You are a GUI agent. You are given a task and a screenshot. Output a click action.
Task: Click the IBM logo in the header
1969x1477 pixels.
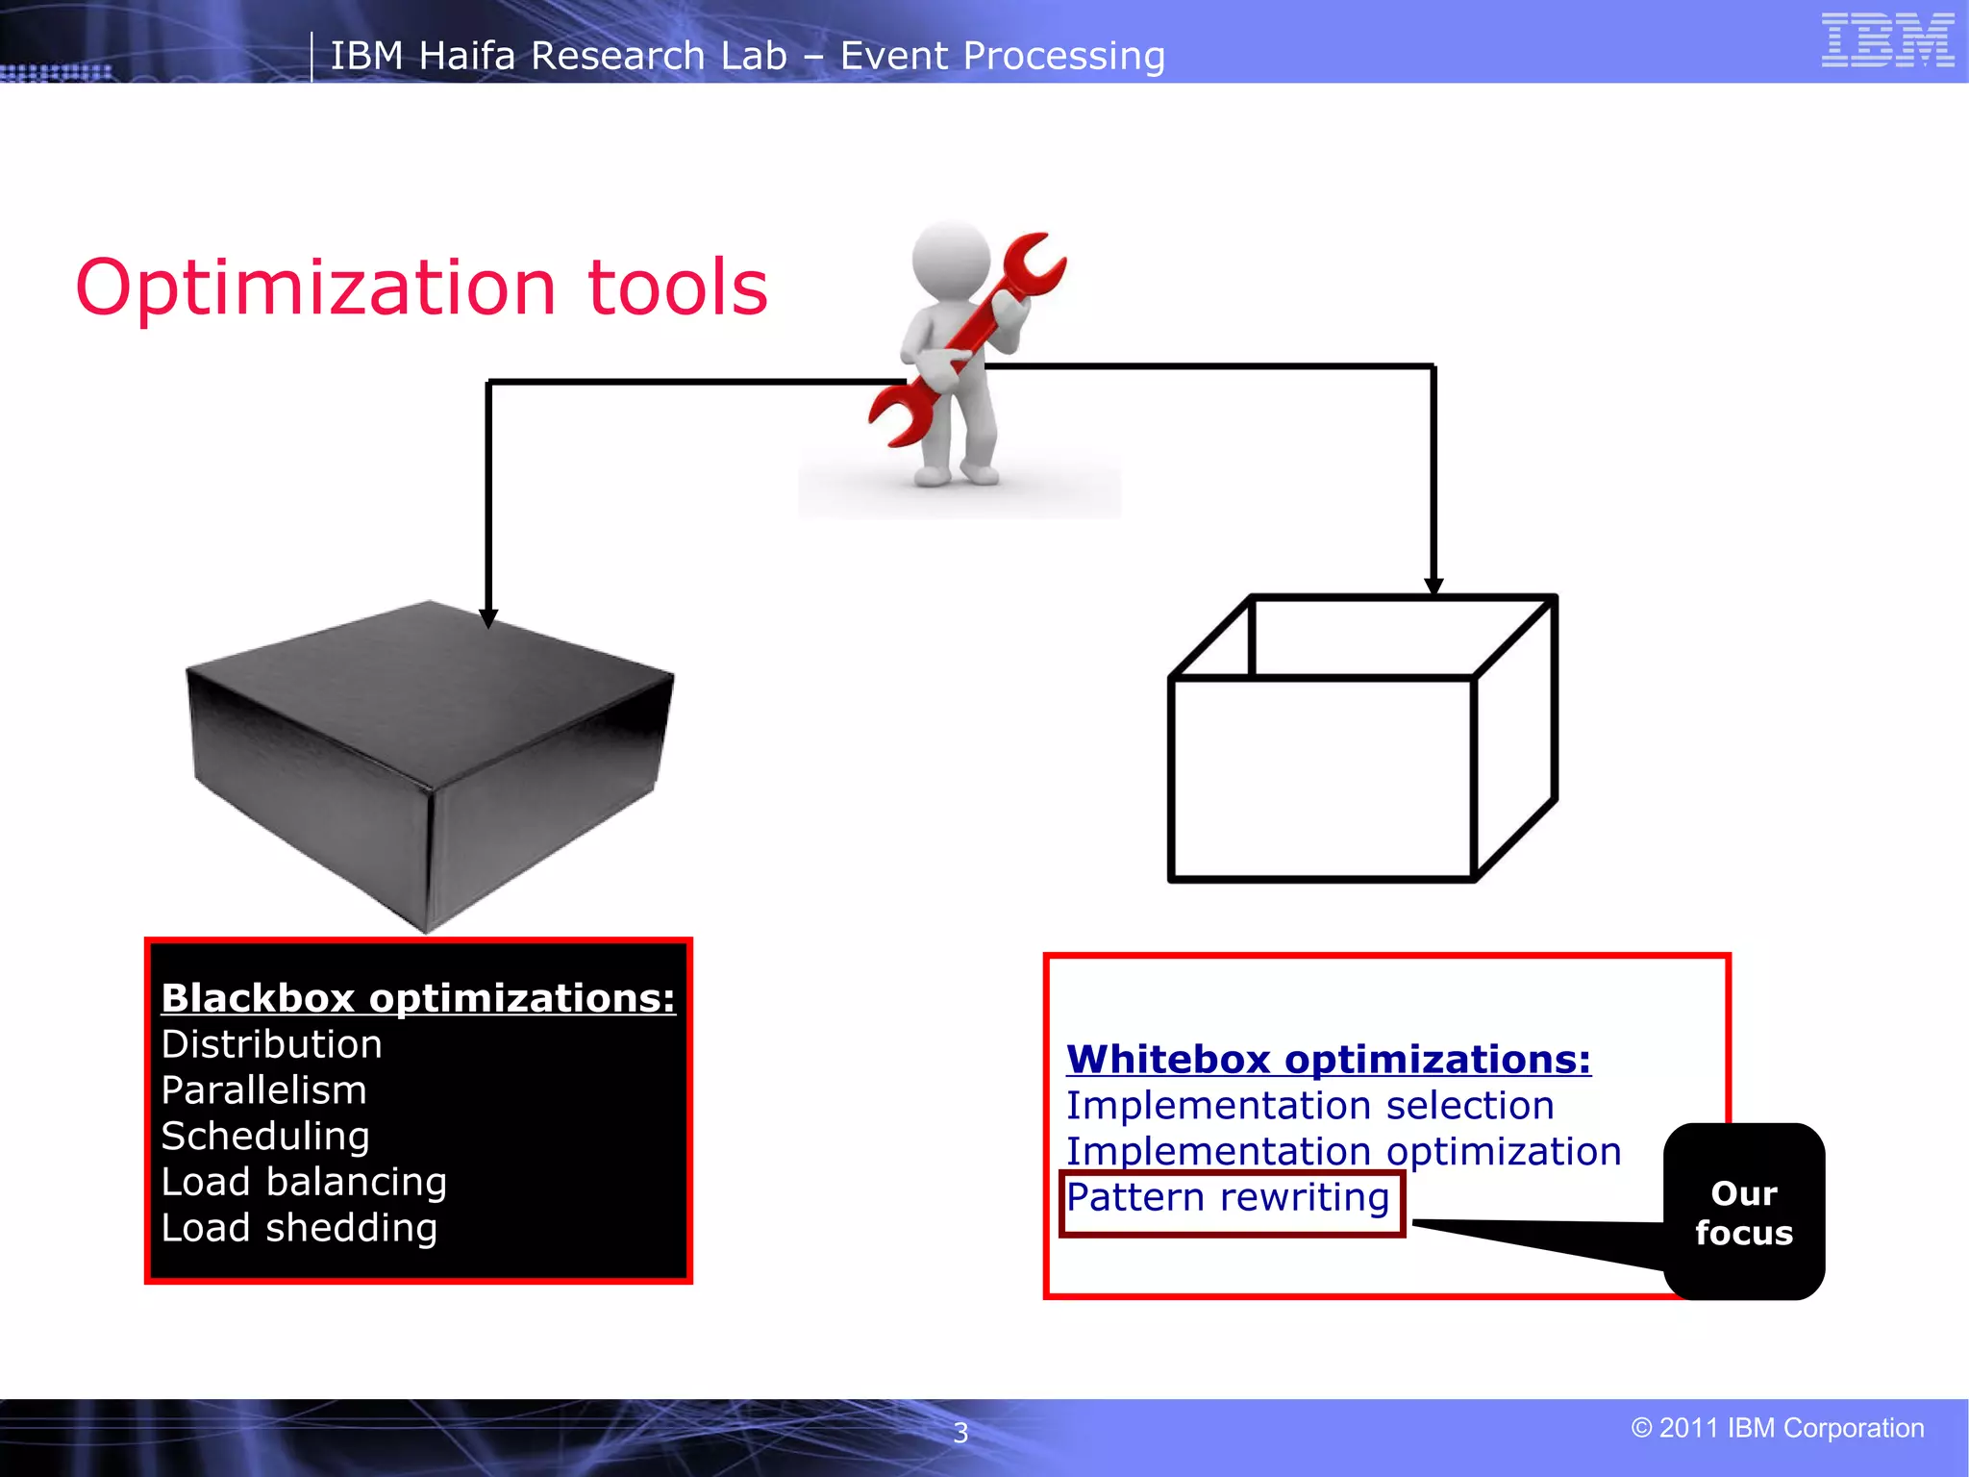[x=1887, y=40]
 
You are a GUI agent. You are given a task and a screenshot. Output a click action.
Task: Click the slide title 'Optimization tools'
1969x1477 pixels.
[x=422, y=288]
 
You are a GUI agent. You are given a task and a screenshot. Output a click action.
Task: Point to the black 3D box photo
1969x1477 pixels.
[x=429, y=760]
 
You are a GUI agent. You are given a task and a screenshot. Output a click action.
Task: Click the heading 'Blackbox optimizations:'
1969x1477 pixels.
[x=418, y=998]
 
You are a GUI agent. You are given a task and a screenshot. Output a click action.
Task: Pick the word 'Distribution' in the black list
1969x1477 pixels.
[x=272, y=1044]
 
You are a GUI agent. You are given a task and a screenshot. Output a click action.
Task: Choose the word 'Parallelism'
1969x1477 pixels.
[x=264, y=1090]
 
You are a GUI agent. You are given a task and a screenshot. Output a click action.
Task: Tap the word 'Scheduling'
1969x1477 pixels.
[x=265, y=1137]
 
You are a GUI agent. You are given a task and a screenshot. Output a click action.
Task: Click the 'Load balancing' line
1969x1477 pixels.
[x=304, y=1182]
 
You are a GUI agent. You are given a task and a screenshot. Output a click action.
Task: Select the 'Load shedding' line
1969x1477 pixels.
[x=299, y=1228]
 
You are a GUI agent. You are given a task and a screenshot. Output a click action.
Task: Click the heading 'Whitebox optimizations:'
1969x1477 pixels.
[x=1329, y=1060]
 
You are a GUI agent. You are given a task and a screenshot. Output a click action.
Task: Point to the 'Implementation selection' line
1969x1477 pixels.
[x=1309, y=1106]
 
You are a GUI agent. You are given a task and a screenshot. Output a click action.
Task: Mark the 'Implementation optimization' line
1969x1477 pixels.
[x=1343, y=1152]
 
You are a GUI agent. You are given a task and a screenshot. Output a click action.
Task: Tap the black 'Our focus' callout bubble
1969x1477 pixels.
[x=1744, y=1212]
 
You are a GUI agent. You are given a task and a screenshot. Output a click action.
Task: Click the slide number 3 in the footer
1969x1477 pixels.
[x=960, y=1433]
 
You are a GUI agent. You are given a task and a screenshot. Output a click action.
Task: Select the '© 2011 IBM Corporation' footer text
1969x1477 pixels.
[x=1778, y=1428]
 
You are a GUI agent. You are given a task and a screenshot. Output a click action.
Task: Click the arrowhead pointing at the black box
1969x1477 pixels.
[x=488, y=618]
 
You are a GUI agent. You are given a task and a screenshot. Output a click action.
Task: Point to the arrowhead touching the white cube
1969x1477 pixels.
[x=1433, y=586]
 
